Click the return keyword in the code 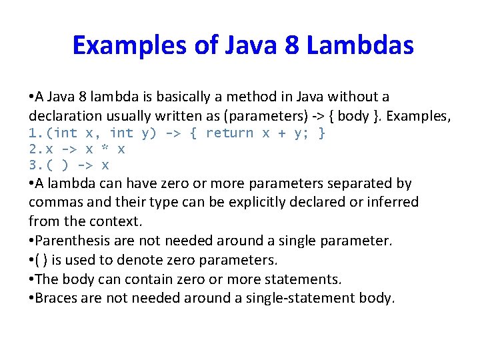pyautogui.click(x=229, y=133)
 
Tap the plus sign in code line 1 pyautogui.click(x=282, y=133)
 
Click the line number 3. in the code pyautogui.click(x=37, y=165)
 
